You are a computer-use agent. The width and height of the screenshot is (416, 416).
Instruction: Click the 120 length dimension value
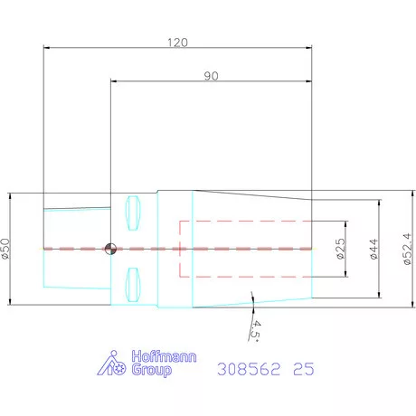177,43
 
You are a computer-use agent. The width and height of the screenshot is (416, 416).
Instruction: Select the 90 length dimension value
211,76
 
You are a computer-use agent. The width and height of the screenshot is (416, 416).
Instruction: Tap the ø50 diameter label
5,249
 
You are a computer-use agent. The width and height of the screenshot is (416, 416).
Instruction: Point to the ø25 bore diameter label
340,249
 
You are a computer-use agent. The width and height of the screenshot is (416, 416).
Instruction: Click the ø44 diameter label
373,249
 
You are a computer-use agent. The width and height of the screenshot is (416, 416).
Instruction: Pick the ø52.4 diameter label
407,249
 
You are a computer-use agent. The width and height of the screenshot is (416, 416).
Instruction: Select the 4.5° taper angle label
256,331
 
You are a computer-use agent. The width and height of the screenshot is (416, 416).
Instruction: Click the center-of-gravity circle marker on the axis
110,249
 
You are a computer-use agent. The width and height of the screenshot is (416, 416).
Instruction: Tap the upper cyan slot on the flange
133,213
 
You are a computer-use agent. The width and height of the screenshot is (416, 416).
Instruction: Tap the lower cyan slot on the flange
133,285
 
